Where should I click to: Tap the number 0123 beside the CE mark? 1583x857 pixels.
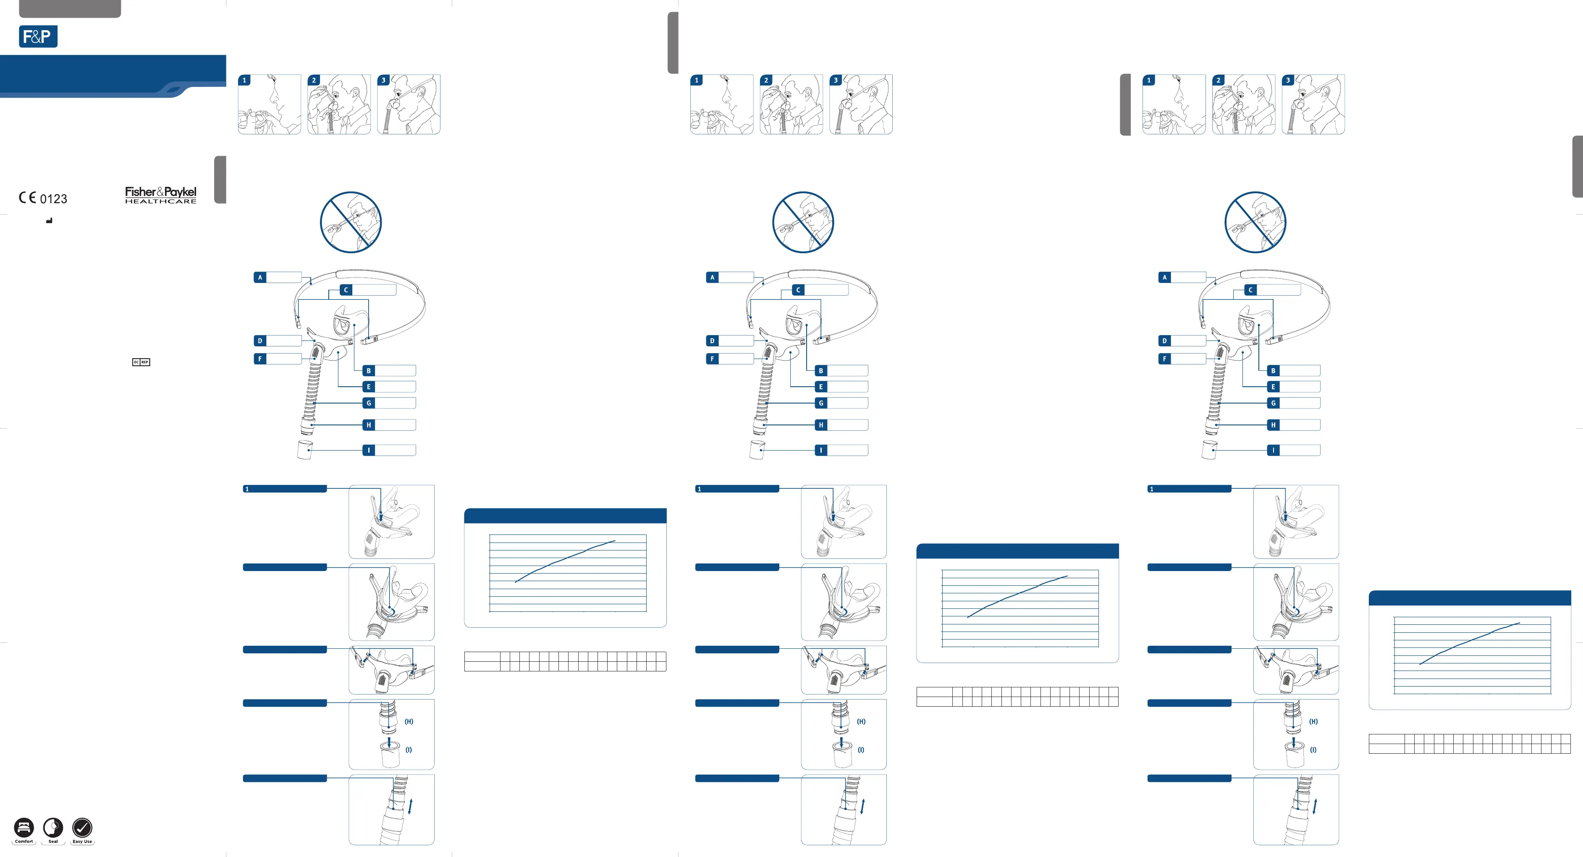[x=53, y=199]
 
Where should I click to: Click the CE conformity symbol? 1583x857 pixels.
[x=27, y=197]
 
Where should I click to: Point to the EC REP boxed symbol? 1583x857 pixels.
[x=141, y=362]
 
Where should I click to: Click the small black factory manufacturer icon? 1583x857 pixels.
[x=49, y=220]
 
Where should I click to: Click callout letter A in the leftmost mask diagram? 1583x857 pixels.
[x=260, y=278]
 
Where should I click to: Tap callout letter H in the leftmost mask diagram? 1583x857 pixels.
[x=369, y=425]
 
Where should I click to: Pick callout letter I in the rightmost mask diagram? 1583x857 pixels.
[x=1273, y=450]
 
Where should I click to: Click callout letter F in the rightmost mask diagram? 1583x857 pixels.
[x=1164, y=359]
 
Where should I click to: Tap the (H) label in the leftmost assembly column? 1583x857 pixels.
[x=409, y=722]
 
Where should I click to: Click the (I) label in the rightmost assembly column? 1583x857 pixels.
[x=1313, y=750]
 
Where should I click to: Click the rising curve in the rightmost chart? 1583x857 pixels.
[x=1469, y=642]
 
